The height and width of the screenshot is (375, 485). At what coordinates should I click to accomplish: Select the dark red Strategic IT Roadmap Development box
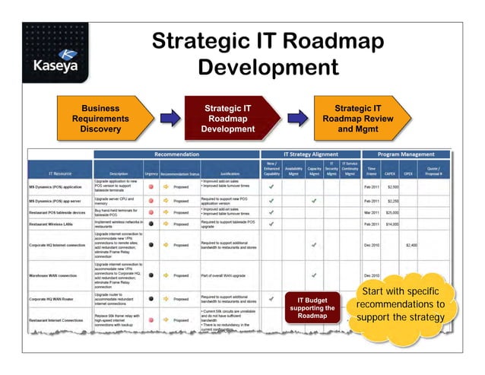click(x=226, y=119)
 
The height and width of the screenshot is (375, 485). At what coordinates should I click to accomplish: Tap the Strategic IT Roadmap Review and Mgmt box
click(x=358, y=119)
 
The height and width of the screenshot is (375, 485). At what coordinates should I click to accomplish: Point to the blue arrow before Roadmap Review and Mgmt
click(x=296, y=119)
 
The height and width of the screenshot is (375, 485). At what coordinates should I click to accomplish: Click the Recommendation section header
click(x=177, y=154)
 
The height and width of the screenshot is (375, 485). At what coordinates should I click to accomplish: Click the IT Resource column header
click(x=60, y=173)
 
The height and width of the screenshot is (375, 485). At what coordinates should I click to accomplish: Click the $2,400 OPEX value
click(x=411, y=245)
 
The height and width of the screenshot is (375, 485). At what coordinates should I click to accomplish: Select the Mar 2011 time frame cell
click(x=372, y=212)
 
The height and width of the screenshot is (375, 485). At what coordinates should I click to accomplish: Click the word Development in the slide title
click(x=267, y=67)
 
